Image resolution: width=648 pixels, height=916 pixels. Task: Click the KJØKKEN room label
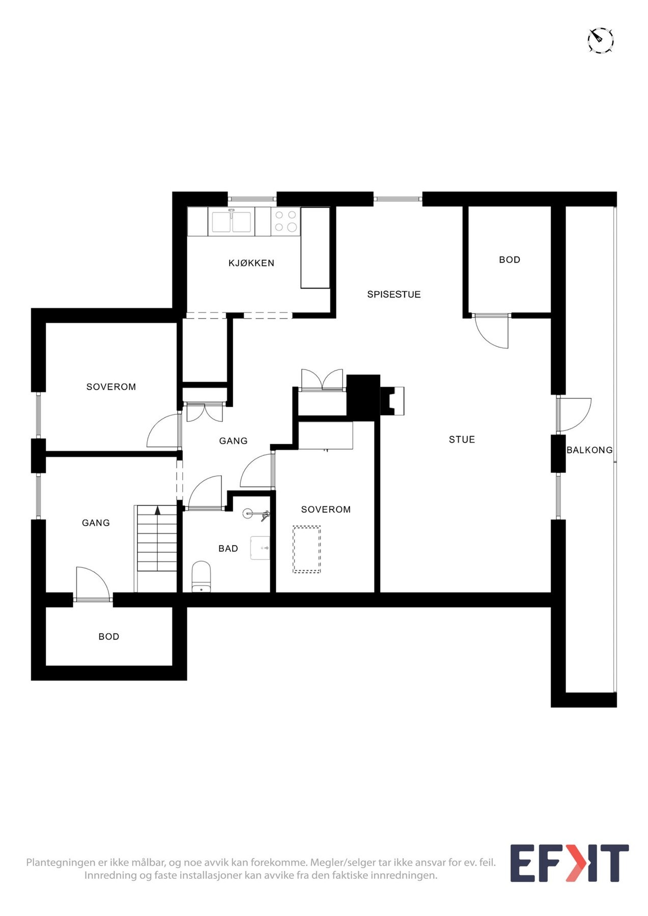(251, 263)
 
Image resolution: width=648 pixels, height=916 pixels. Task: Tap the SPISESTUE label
(394, 294)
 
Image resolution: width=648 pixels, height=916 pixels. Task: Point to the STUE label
(462, 440)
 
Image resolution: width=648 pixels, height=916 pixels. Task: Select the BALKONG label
(589, 450)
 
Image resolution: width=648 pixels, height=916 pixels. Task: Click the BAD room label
(228, 549)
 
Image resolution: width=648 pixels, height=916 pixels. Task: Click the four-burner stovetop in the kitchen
(286, 221)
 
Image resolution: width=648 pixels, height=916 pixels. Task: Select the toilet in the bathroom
(201, 577)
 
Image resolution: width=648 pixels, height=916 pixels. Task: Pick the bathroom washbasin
(260, 548)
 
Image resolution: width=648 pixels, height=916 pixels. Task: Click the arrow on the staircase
(158, 510)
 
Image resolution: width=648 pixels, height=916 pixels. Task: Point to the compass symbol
(601, 40)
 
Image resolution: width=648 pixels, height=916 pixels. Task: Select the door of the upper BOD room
(492, 332)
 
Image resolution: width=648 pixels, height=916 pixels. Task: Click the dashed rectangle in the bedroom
(306, 550)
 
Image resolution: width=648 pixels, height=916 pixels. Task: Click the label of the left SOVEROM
(111, 387)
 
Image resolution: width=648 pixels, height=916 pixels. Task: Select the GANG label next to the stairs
(96, 523)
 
